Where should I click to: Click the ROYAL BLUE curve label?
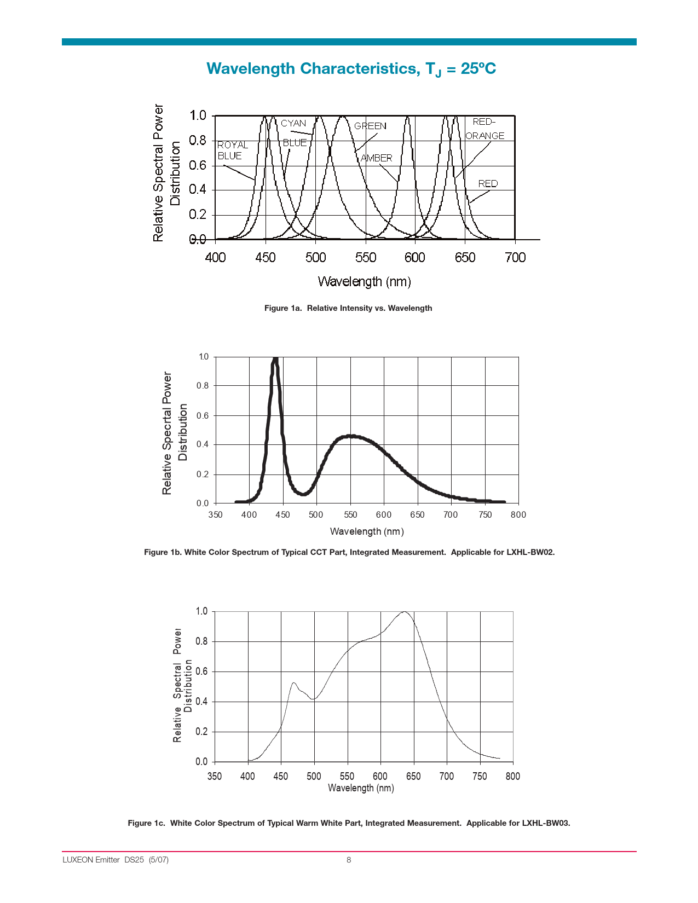click(x=232, y=150)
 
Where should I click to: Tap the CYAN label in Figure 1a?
click(x=293, y=124)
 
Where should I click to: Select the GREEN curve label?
click(x=370, y=126)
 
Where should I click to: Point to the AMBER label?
click(x=377, y=158)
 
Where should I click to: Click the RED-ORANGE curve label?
click(x=484, y=129)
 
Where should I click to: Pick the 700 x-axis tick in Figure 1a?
click(x=515, y=258)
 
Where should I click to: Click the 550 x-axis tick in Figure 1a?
click(x=366, y=258)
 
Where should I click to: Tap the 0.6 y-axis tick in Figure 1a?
click(x=198, y=165)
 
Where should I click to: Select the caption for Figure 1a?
click(x=348, y=308)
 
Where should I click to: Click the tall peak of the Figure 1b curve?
click(x=275, y=360)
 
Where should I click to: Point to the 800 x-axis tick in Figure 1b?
click(x=518, y=514)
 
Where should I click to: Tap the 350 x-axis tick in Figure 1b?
click(x=216, y=514)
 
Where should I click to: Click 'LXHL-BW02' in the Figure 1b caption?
click(x=530, y=552)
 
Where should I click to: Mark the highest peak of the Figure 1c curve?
click(x=404, y=612)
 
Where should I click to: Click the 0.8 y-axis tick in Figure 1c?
click(x=202, y=641)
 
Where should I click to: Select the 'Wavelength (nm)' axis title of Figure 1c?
click(x=361, y=788)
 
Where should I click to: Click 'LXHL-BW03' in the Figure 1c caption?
click(x=546, y=823)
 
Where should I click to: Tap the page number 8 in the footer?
click(x=349, y=860)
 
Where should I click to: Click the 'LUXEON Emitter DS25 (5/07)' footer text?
click(x=116, y=860)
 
